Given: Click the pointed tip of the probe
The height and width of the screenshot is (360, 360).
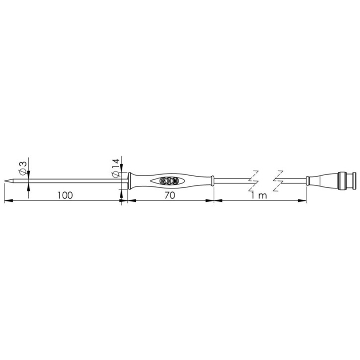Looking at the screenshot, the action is coord(5,181).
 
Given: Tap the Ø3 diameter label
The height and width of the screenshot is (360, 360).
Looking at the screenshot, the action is coord(23,168).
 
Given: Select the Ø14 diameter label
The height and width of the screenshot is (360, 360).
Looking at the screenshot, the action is coord(115,168).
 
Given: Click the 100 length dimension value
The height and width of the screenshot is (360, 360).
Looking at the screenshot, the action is coord(65,195).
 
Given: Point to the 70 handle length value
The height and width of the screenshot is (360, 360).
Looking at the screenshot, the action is coord(170,195).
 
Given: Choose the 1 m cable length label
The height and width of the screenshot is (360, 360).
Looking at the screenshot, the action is coord(259,195).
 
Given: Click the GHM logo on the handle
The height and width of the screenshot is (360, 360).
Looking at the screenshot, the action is coord(169,181).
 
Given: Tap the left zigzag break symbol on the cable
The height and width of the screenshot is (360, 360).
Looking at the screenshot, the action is coord(254,181).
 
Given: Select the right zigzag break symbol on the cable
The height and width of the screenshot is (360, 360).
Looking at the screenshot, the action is coord(278,181).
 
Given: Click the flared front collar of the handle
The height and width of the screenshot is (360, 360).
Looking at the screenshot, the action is coord(130,181).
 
